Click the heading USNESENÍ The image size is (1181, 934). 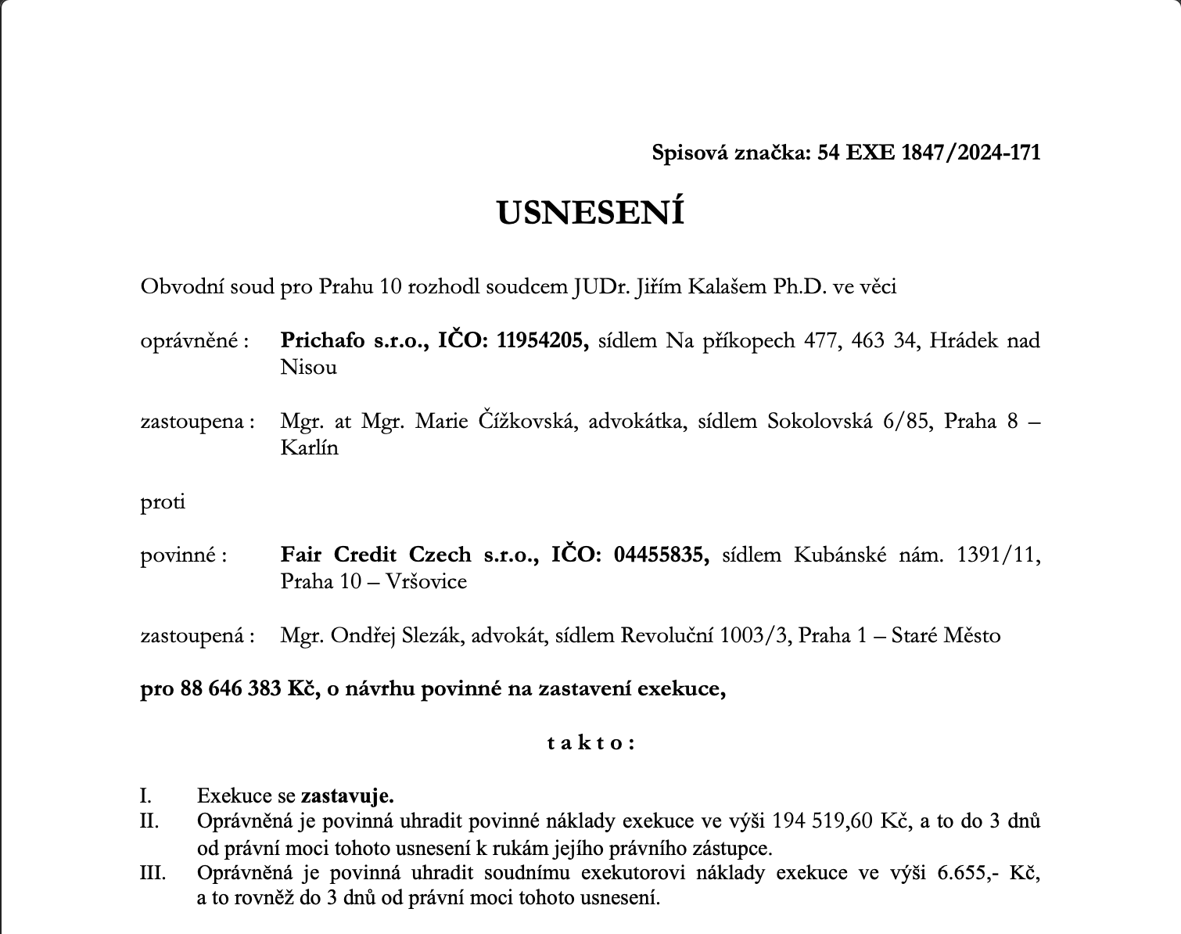coord(590,213)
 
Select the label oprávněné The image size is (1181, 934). coord(192,341)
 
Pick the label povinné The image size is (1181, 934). coord(181,555)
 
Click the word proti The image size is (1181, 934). coord(163,501)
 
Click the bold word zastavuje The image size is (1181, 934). coord(346,796)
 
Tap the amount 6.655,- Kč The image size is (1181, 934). coord(988,872)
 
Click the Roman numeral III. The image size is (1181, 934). coord(153,872)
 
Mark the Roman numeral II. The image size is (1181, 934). coord(149,821)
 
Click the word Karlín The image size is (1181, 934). coord(310,448)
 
